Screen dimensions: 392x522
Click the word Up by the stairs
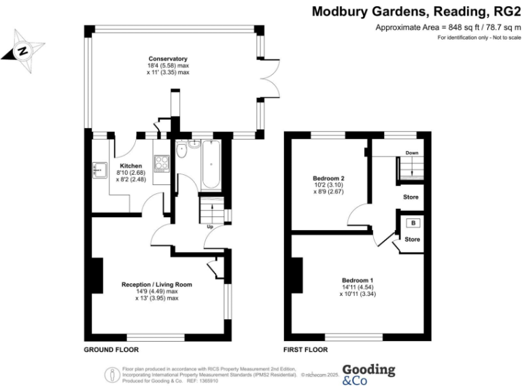pyautogui.click(x=210, y=227)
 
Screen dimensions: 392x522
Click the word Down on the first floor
pyautogui.click(x=412, y=153)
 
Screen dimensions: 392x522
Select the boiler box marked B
pyautogui.click(x=412, y=223)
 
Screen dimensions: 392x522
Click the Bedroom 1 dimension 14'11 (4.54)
pyautogui.click(x=358, y=287)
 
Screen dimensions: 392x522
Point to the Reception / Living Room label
pyautogui.click(x=156, y=284)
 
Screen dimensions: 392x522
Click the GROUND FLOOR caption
pyautogui.click(x=111, y=350)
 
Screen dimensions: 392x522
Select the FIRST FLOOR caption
pyautogui.click(x=306, y=350)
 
